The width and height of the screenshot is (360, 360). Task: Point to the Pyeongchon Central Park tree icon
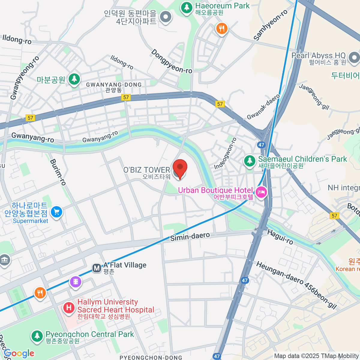coord(37,336)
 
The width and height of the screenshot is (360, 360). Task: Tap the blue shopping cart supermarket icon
coord(56,212)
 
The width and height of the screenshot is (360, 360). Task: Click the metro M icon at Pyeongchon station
coord(97,268)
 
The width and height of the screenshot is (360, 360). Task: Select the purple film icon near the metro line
coord(76,281)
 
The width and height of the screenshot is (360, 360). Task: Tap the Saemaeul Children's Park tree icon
coord(249,160)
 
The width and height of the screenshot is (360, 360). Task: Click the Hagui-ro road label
coord(280,237)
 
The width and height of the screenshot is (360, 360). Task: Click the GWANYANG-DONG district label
coord(114,85)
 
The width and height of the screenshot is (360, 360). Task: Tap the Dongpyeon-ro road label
coord(171,61)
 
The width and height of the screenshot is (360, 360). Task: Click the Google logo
coord(19,353)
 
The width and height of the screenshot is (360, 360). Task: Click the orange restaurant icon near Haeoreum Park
coord(222,28)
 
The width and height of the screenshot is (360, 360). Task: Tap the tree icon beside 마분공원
coord(74,79)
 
